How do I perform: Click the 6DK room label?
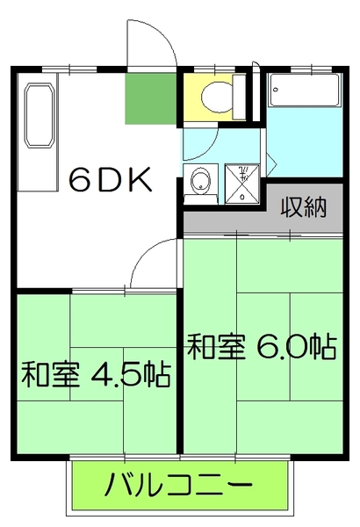pyautogui.click(x=111, y=180)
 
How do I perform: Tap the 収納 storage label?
pyautogui.click(x=304, y=208)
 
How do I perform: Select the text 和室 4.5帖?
pyautogui.click(x=95, y=377)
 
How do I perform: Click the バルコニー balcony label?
pyautogui.click(x=180, y=484)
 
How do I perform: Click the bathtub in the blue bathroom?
pyautogui.click(x=304, y=90)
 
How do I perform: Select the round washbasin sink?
pyautogui.click(x=201, y=183)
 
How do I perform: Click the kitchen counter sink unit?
pyautogui.click(x=37, y=113)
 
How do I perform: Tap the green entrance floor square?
pyautogui.click(x=149, y=99)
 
